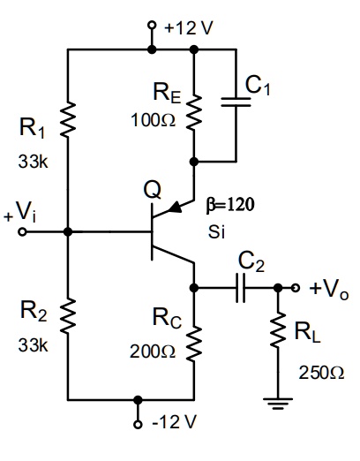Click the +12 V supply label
[188, 26]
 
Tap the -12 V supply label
[173, 420]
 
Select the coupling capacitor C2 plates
[240, 288]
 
